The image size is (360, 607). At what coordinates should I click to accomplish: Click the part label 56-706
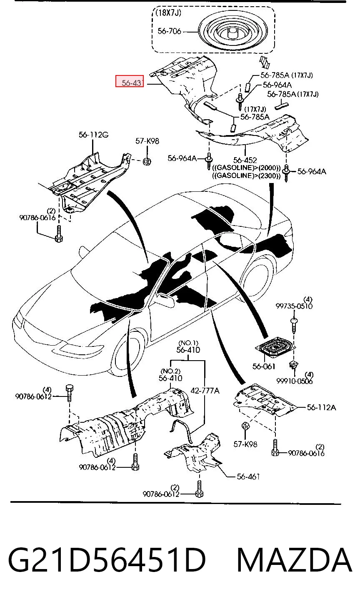coord(169,31)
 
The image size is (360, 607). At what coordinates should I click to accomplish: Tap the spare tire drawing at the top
coord(233,32)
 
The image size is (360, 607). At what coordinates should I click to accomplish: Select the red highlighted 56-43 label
coord(130,81)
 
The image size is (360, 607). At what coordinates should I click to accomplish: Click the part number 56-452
coord(245,160)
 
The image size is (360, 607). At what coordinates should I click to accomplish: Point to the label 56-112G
coord(93,135)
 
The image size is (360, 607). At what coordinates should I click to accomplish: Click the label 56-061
coord(264,366)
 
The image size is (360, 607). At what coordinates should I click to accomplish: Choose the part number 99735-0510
coord(294,306)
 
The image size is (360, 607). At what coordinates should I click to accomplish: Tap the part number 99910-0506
coord(295,381)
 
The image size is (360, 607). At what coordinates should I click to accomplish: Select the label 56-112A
coord(322,407)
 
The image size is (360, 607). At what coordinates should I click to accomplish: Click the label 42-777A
coord(205,391)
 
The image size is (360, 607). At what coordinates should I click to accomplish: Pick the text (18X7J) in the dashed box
coord(168,13)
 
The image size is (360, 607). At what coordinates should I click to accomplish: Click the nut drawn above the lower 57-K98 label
coord(245,426)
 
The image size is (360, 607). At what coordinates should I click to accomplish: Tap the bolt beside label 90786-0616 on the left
coord(59,233)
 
